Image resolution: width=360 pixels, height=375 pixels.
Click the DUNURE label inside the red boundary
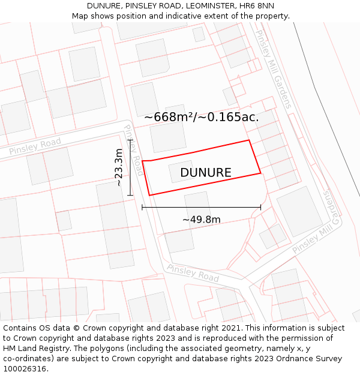tap(205, 173)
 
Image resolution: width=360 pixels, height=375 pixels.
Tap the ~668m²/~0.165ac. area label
tap(202, 117)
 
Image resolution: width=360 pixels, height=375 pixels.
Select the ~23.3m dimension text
tap(119, 167)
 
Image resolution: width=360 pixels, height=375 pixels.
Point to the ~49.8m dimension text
tap(202, 220)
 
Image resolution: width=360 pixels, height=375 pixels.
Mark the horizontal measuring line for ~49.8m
tap(202, 208)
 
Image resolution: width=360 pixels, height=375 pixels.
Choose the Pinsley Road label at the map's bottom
tap(193, 273)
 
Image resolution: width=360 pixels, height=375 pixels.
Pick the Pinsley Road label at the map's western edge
tap(35, 146)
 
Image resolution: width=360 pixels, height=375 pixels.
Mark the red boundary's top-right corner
tap(249, 140)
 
